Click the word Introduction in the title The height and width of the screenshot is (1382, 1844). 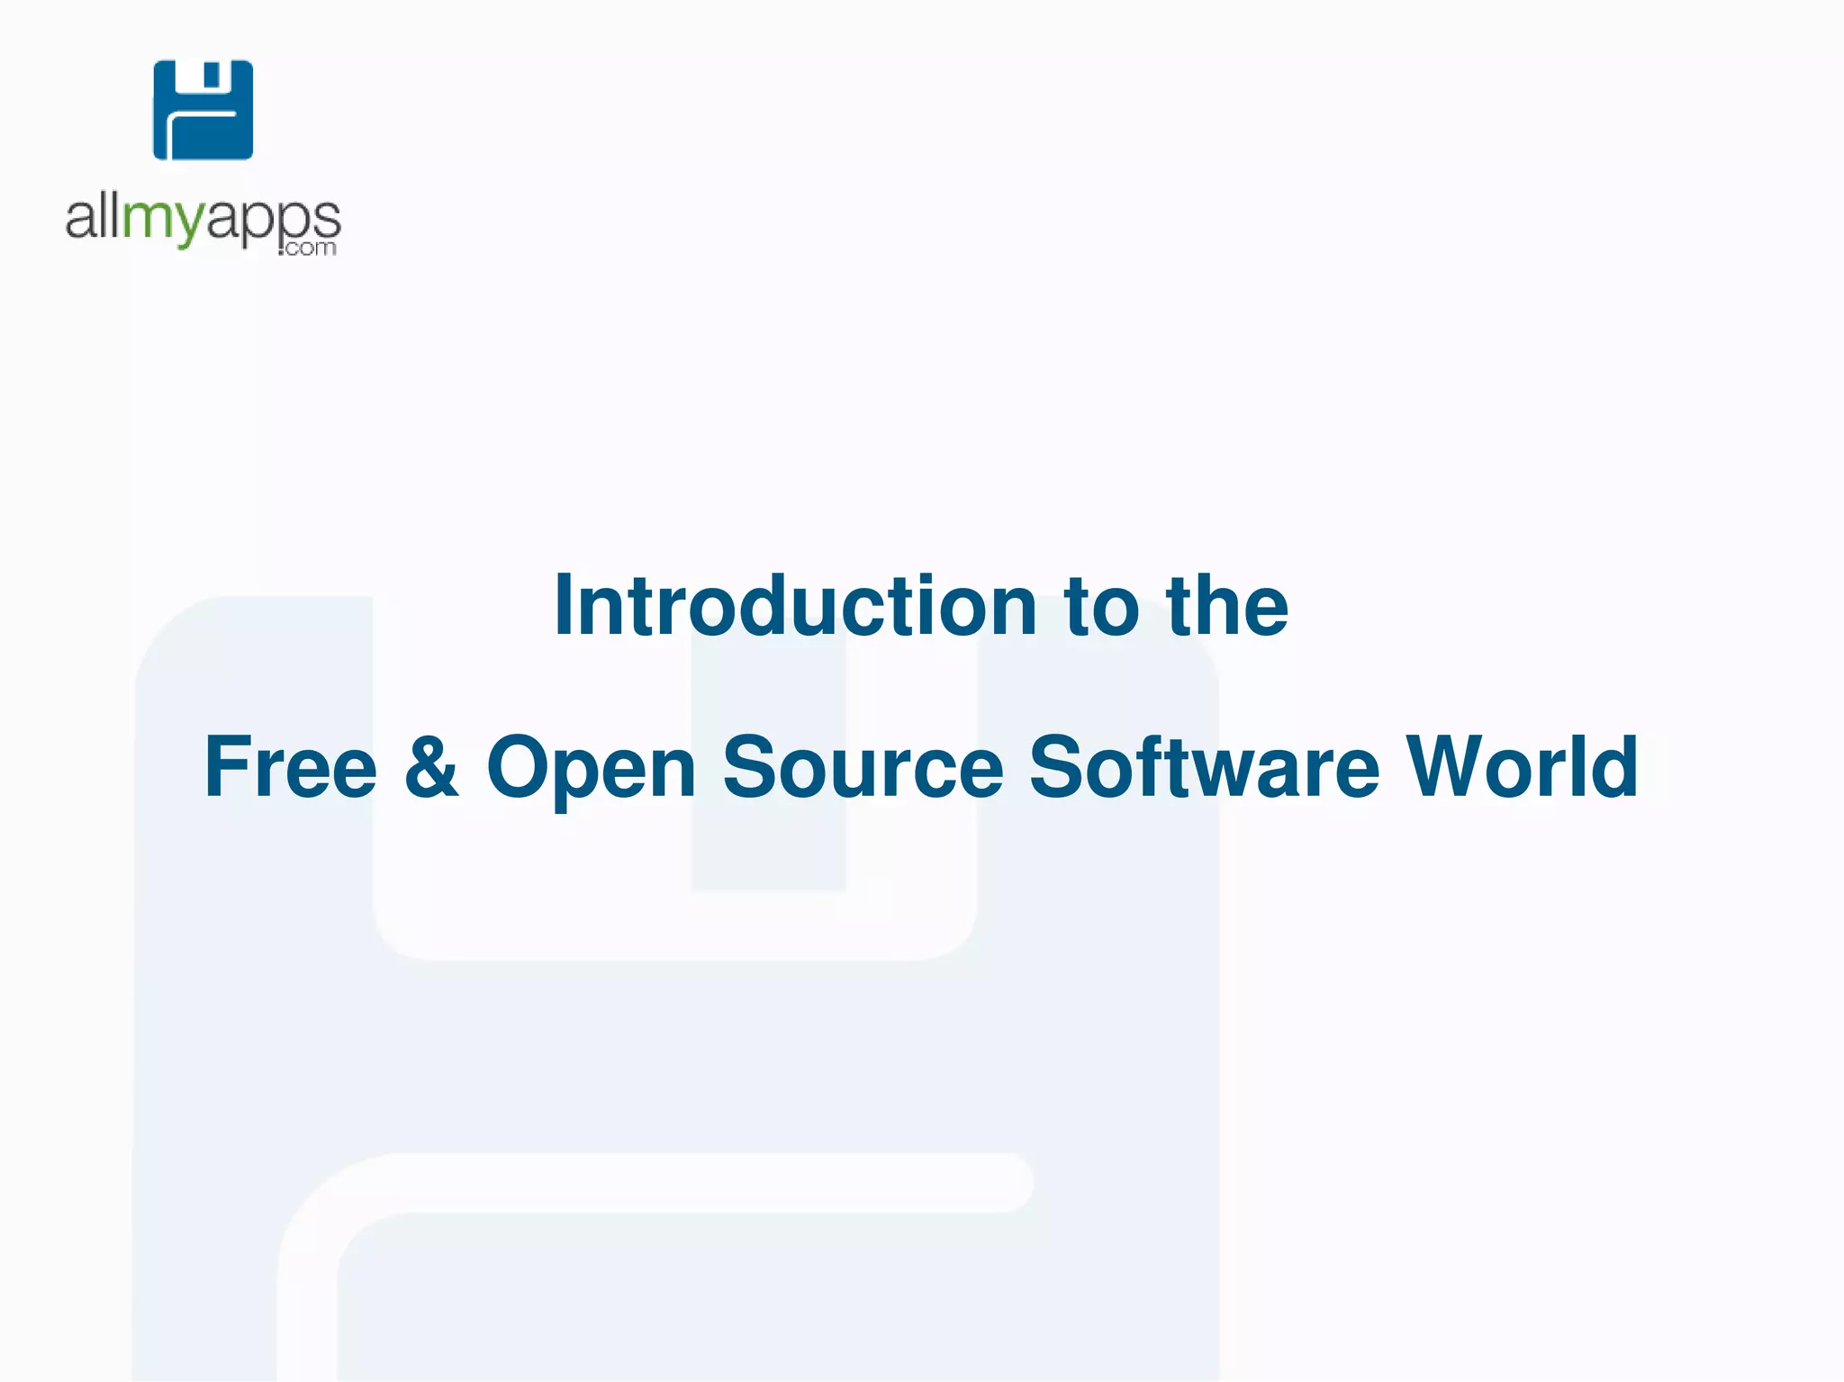(796, 606)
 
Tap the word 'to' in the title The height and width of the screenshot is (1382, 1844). (1101, 606)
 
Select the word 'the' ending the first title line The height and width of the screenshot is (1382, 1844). (1226, 606)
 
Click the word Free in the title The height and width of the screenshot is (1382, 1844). (290, 767)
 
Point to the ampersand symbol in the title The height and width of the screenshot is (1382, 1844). (431, 767)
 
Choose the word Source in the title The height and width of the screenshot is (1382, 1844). (863, 767)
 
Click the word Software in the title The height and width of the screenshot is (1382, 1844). (1204, 767)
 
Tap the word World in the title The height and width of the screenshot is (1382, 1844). (1522, 767)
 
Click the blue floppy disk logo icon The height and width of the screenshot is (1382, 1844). (203, 110)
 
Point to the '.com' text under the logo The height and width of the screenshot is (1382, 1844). (308, 248)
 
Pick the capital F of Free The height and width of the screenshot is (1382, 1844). (224, 767)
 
